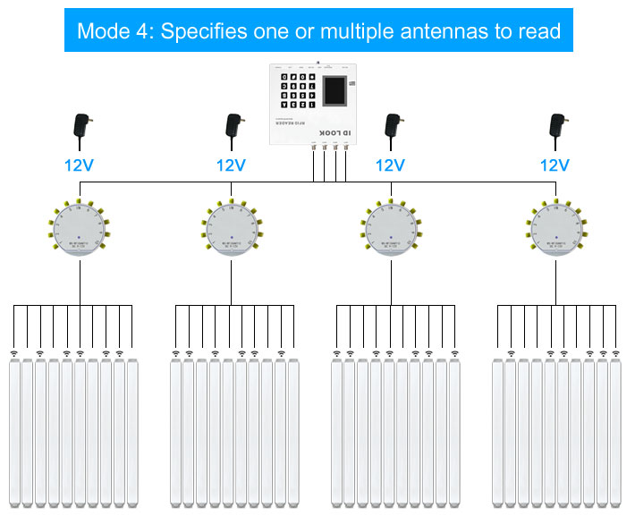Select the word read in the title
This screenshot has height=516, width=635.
tap(539, 31)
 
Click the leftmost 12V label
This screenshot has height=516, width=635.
tap(81, 165)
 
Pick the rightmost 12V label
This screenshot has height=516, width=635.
tap(555, 165)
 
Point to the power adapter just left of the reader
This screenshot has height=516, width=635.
tap(233, 127)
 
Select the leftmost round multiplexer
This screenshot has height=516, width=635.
tap(80, 227)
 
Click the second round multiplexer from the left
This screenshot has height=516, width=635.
tap(231, 227)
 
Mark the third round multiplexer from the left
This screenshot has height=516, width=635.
tap(391, 227)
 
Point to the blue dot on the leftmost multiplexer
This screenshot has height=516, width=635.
tap(80, 238)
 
